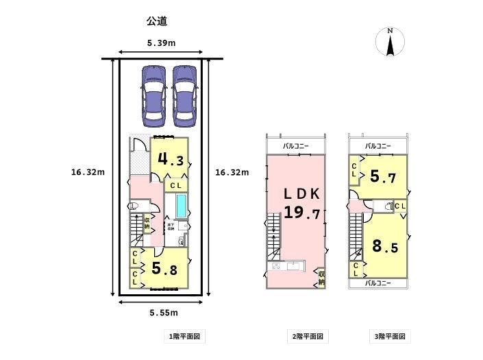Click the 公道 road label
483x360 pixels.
click(x=158, y=22)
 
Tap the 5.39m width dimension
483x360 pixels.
click(x=161, y=43)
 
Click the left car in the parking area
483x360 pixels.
click(x=151, y=96)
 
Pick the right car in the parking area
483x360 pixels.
click(x=183, y=96)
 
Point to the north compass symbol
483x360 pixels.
click(x=390, y=43)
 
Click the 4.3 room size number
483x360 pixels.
click(x=171, y=160)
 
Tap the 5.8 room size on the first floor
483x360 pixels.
click(x=164, y=269)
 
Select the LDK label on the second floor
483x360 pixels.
click(x=301, y=193)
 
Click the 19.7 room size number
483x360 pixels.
click(x=302, y=213)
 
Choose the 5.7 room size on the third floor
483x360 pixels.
click(x=383, y=177)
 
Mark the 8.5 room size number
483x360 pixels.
click(x=385, y=246)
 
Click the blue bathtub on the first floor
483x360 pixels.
click(x=182, y=205)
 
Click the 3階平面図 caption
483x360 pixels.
click(x=389, y=337)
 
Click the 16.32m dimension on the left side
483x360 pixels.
click(x=88, y=172)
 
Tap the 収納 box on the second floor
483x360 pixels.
click(x=321, y=278)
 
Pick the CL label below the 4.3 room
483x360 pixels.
click(x=175, y=185)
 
